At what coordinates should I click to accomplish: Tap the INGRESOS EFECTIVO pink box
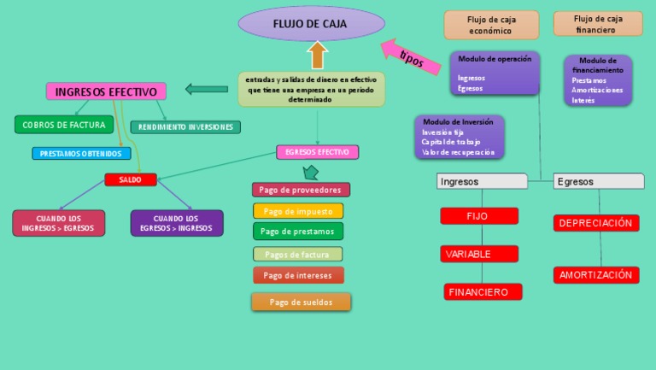point(106,91)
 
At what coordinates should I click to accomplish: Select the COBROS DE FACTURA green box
point(64,125)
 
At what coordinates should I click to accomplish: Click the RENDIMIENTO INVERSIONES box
point(185,127)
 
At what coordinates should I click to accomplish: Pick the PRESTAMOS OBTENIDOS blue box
point(82,154)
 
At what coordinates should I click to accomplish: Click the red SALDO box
point(131,179)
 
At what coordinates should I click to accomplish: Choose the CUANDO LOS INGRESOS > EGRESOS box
point(59,223)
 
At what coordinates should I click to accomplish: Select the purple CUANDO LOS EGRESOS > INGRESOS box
point(177,223)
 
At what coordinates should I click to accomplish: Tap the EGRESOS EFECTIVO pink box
point(317,152)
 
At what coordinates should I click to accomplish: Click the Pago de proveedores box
point(301,190)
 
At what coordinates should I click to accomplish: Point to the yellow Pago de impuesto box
point(298,211)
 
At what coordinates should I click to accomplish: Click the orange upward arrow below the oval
point(318,56)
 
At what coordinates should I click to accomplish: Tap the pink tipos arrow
point(408,56)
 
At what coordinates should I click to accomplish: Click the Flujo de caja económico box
point(491,25)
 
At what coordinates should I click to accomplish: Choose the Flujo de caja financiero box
point(598,24)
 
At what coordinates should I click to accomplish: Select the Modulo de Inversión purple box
point(459,137)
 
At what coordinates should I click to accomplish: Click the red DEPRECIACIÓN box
point(596,223)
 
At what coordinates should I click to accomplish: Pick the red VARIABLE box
point(479,254)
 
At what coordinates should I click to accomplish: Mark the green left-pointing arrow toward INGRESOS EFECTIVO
point(206,88)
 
